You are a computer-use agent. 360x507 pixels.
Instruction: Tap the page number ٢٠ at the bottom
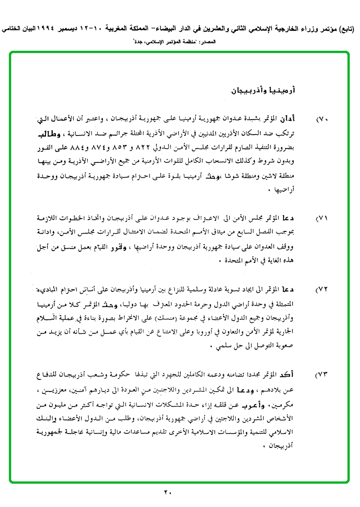(x=168, y=492)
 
